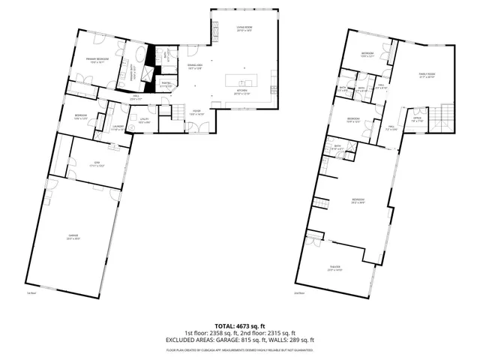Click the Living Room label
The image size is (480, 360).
click(242, 28)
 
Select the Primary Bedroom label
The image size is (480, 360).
click(97, 60)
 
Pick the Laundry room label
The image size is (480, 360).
click(118, 127)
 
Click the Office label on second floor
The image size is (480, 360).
click(417, 119)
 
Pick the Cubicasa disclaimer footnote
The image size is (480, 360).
click(239, 349)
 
